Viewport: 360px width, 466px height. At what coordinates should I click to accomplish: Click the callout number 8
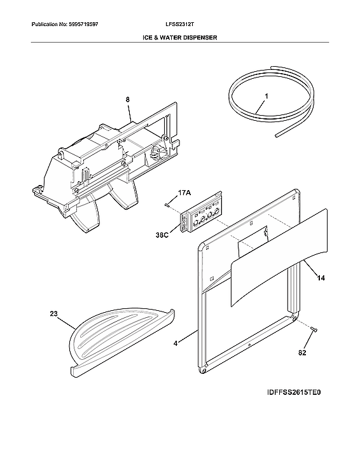[x=127, y=99]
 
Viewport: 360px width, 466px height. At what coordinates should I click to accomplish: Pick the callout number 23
[x=54, y=313]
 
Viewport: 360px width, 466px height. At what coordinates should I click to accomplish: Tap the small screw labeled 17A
[x=167, y=205]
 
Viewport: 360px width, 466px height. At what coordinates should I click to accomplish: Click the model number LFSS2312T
[x=179, y=24]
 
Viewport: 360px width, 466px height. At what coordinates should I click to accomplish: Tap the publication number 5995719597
[x=64, y=24]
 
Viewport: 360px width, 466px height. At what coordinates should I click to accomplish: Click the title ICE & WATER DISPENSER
[x=179, y=38]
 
